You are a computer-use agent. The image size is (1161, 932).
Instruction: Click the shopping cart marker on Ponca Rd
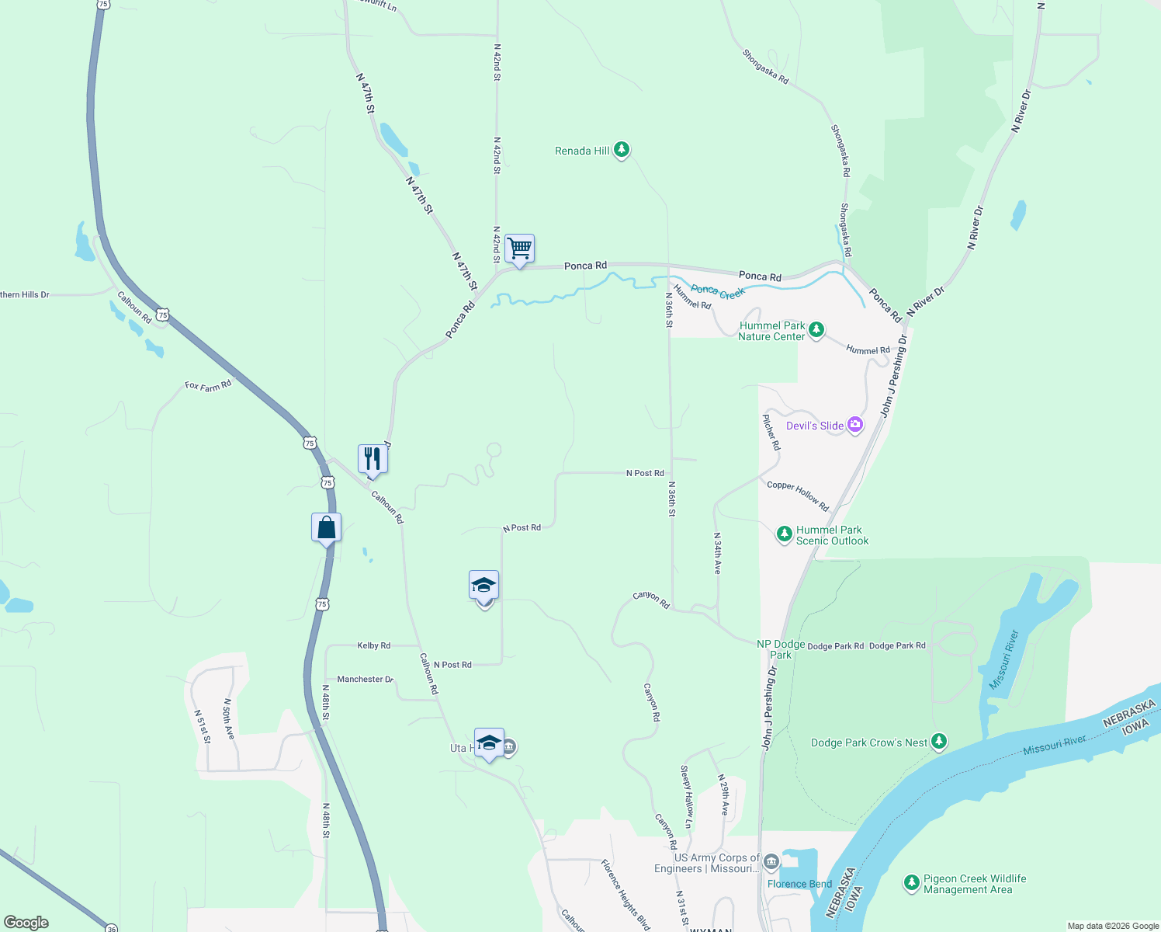coord(519,249)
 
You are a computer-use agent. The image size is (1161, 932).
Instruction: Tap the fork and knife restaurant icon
coord(373,459)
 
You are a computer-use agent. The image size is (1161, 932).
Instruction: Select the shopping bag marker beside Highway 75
coord(327,528)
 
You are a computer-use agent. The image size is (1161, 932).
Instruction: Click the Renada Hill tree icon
coord(621,150)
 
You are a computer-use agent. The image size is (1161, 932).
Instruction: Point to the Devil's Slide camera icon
coord(855,425)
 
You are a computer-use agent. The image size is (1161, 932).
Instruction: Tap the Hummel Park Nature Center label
coord(772,331)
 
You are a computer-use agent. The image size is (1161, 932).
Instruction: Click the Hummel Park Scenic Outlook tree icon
coord(785,534)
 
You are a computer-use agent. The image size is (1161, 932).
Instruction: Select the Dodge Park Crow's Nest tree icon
coord(939,742)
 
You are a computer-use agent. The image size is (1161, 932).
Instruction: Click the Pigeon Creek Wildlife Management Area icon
coord(912,883)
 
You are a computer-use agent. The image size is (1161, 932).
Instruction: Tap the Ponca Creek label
coord(718,292)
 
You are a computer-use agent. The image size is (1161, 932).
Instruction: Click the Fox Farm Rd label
coord(208,386)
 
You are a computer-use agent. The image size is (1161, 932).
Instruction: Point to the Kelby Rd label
coord(373,645)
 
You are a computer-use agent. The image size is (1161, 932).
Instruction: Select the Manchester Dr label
coord(365,679)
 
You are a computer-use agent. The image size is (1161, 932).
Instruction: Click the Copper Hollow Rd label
coord(798,496)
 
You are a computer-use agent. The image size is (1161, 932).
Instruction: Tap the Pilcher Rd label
coord(771,433)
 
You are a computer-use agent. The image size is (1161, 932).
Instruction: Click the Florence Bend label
coord(799,884)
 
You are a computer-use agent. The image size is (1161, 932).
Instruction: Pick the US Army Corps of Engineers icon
coord(771,861)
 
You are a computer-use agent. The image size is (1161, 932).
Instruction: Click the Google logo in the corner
coord(26,923)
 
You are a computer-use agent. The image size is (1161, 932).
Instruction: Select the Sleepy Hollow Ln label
coord(686,796)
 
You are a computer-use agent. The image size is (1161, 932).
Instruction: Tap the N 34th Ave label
coord(718,553)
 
